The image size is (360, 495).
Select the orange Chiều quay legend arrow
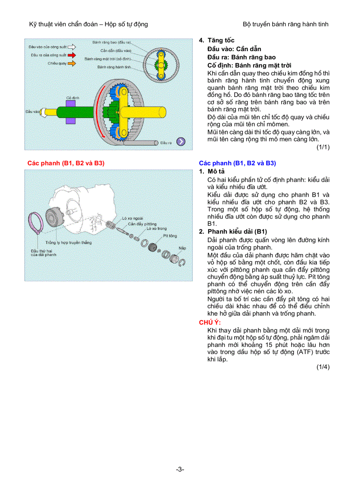(x=71, y=63)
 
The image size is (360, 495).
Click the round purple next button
(x=181, y=141)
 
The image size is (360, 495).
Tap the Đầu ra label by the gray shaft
(x=166, y=143)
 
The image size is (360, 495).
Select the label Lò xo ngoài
(x=131, y=218)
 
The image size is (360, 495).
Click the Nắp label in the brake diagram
(x=182, y=248)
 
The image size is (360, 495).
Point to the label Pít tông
(x=170, y=236)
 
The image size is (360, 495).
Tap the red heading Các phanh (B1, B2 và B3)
(x=66, y=163)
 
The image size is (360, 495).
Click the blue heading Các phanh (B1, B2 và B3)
(x=237, y=163)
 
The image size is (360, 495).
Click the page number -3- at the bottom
(x=180, y=469)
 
